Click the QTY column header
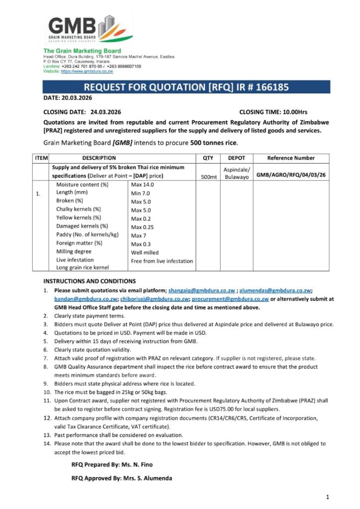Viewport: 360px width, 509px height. click(208, 158)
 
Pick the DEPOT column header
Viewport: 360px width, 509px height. click(236, 158)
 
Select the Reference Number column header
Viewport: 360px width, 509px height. click(291, 158)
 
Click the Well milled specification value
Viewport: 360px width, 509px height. click(145, 253)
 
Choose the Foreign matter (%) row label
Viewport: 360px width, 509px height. click(79, 243)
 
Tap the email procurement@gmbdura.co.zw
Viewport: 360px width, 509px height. click(230, 299)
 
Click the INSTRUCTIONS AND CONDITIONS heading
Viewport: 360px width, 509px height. click(90, 281)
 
